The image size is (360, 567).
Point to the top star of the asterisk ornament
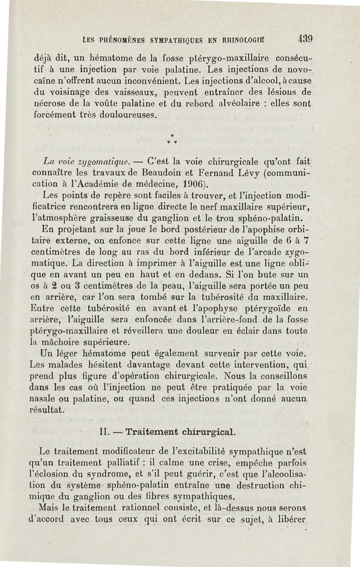click(x=172, y=135)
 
